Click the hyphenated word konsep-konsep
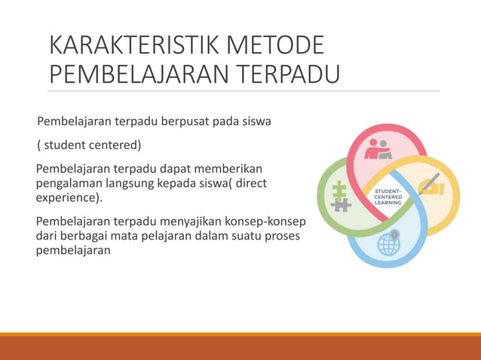265,222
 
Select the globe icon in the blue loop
389,243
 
